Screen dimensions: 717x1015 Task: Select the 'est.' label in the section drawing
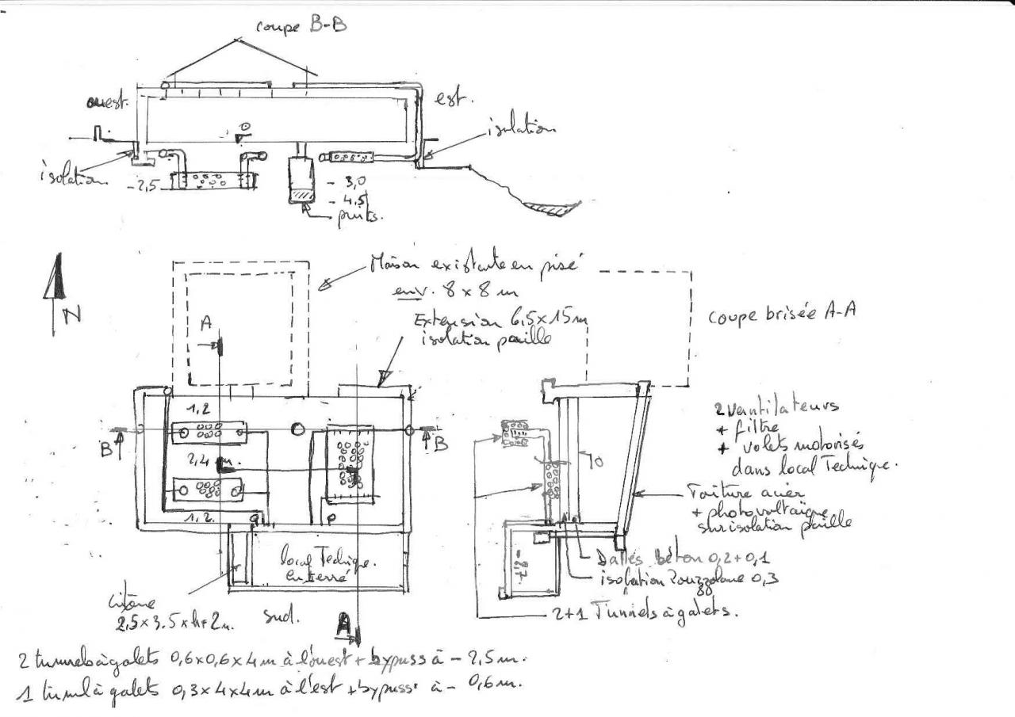(454, 98)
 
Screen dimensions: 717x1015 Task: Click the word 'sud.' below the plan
(277, 616)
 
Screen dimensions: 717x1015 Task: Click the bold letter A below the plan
(344, 625)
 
